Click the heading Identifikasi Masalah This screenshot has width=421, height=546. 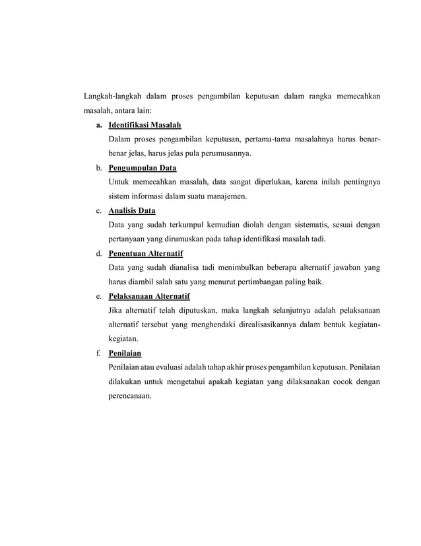click(145, 126)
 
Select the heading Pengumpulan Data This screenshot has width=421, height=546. click(143, 168)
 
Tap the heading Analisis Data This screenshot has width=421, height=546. click(132, 211)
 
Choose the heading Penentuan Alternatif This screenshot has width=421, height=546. click(146, 254)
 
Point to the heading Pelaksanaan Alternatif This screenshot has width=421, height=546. click(149, 296)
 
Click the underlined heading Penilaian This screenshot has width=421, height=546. click(125, 353)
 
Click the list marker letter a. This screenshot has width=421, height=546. click(98, 126)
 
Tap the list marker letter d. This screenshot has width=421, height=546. click(98, 254)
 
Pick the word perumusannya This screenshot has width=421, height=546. click(223, 154)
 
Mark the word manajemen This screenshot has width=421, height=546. click(226, 196)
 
